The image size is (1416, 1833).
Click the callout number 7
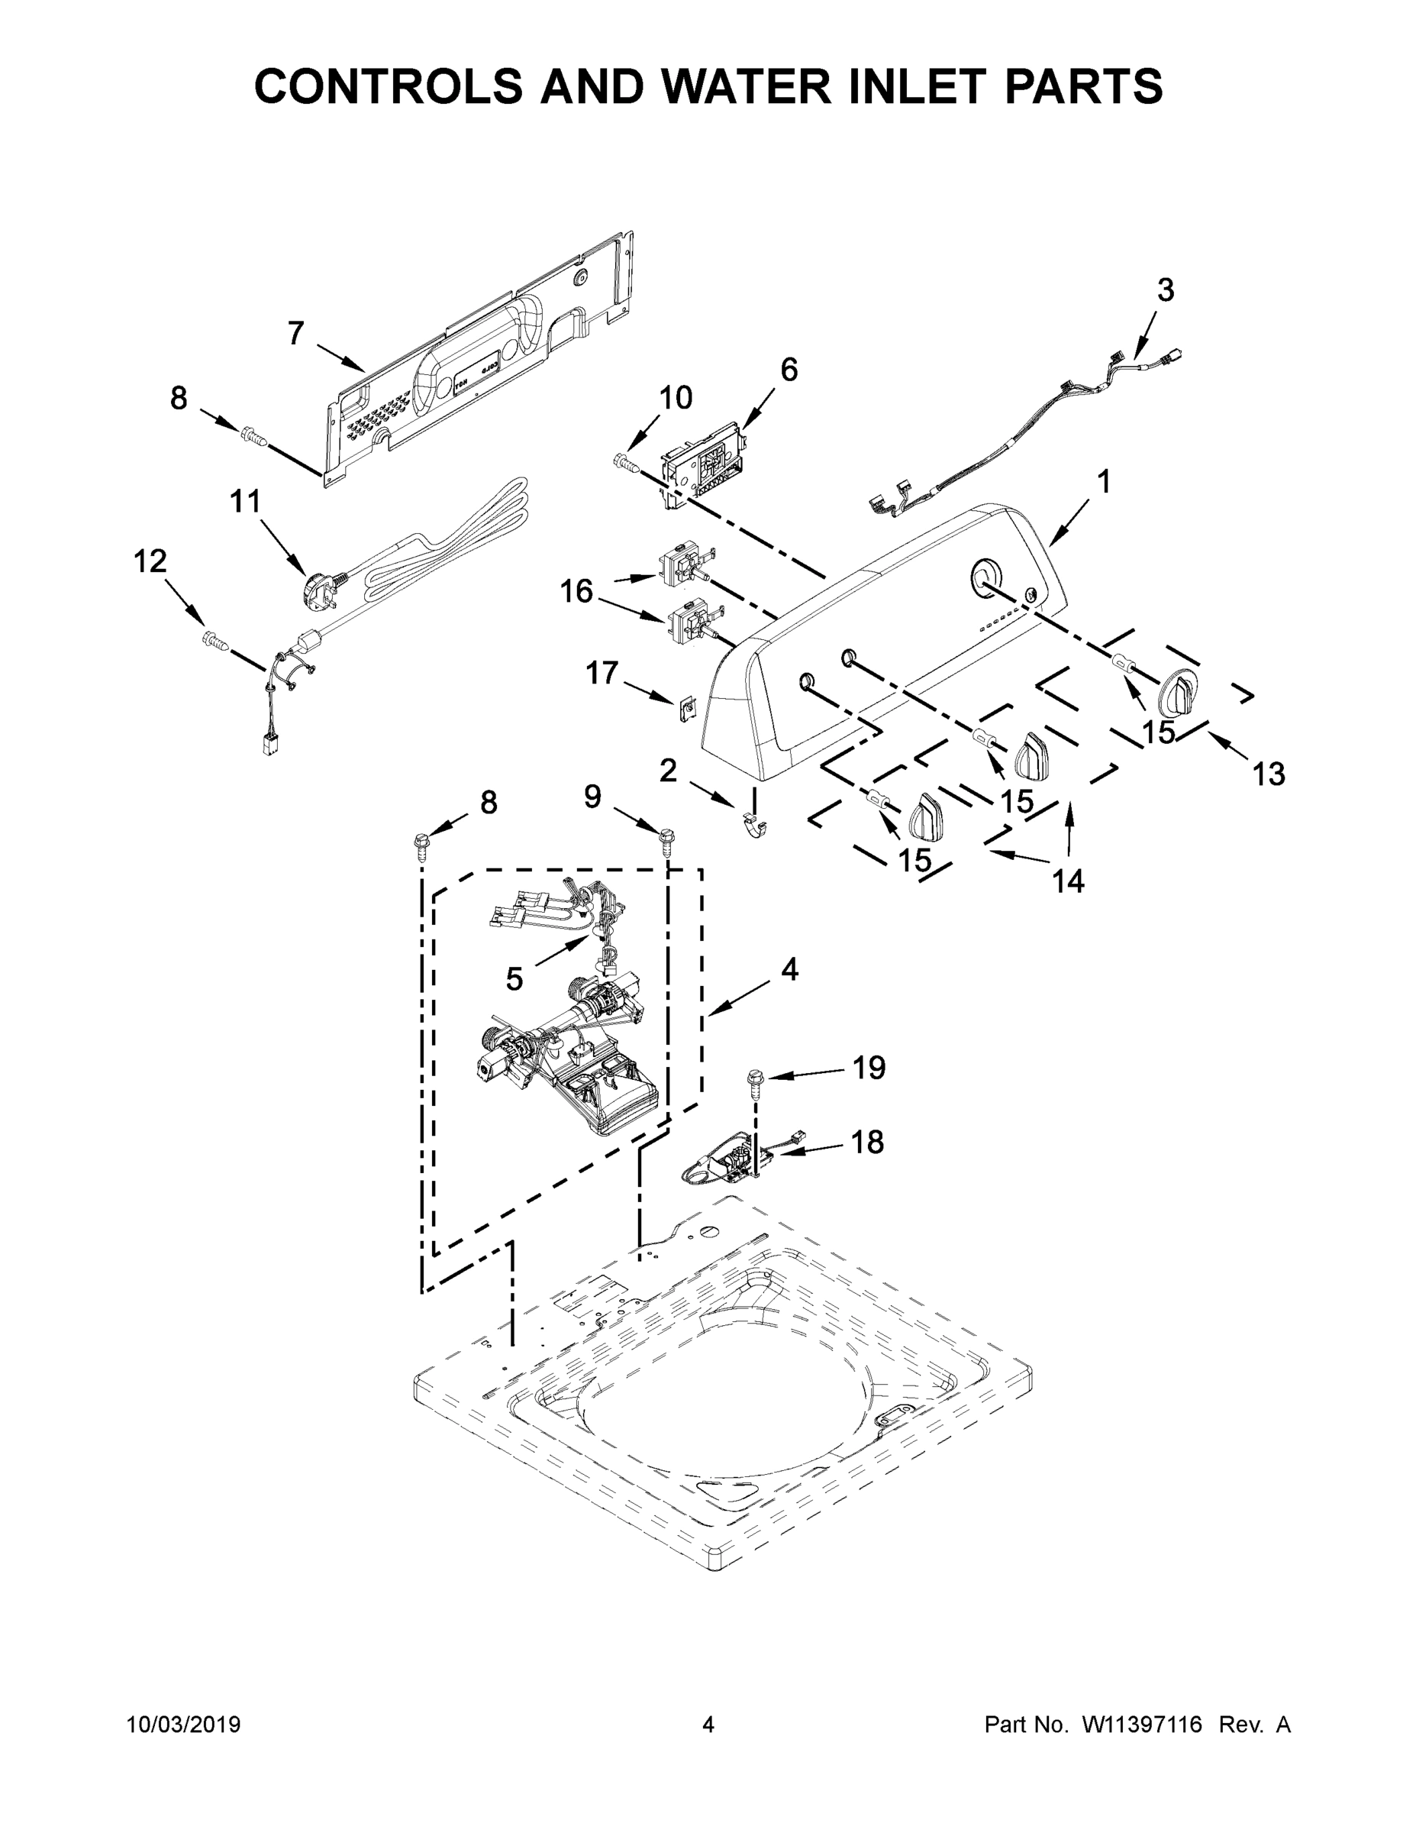tap(295, 334)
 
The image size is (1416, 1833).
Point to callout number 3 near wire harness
tap(1165, 290)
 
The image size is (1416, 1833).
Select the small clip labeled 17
tap(688, 710)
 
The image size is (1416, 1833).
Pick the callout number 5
tap(514, 978)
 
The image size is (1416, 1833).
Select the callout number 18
tap(868, 1143)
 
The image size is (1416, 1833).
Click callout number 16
tap(576, 592)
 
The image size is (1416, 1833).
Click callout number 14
tap(1069, 881)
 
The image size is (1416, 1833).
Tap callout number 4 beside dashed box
tap(789, 970)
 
